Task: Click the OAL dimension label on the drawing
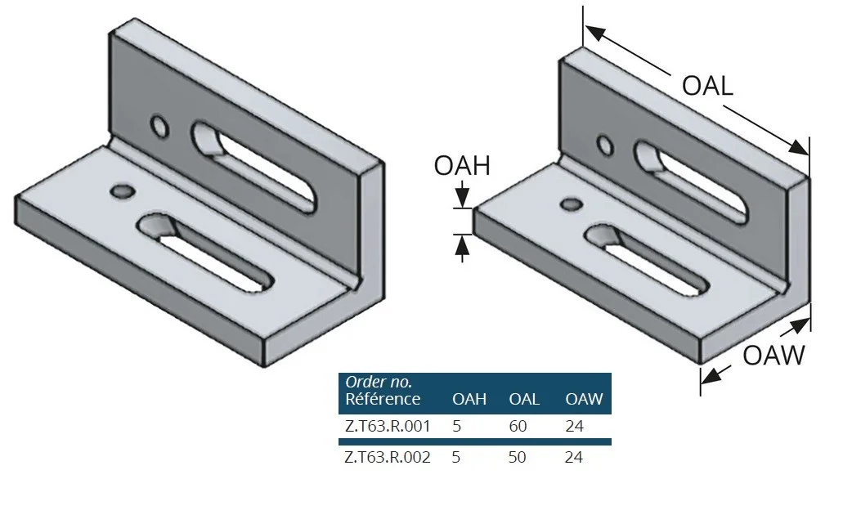coord(707,86)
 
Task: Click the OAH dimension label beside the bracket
coord(462,166)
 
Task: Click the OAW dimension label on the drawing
coord(774,356)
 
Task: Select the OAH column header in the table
coord(469,400)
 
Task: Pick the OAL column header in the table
coord(524,400)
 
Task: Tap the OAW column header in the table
coord(584,400)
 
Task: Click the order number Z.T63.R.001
coord(388,426)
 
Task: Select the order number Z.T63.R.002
coord(388,457)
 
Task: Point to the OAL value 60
coord(518,426)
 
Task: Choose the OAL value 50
coord(518,457)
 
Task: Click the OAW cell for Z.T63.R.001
coord(574,426)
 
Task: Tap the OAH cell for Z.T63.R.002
coord(456,457)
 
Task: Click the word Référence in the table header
coord(383,399)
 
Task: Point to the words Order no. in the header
coord(379,382)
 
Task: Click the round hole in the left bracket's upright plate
coord(159,127)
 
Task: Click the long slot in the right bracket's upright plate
coord(692,182)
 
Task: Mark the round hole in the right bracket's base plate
coord(572,205)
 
